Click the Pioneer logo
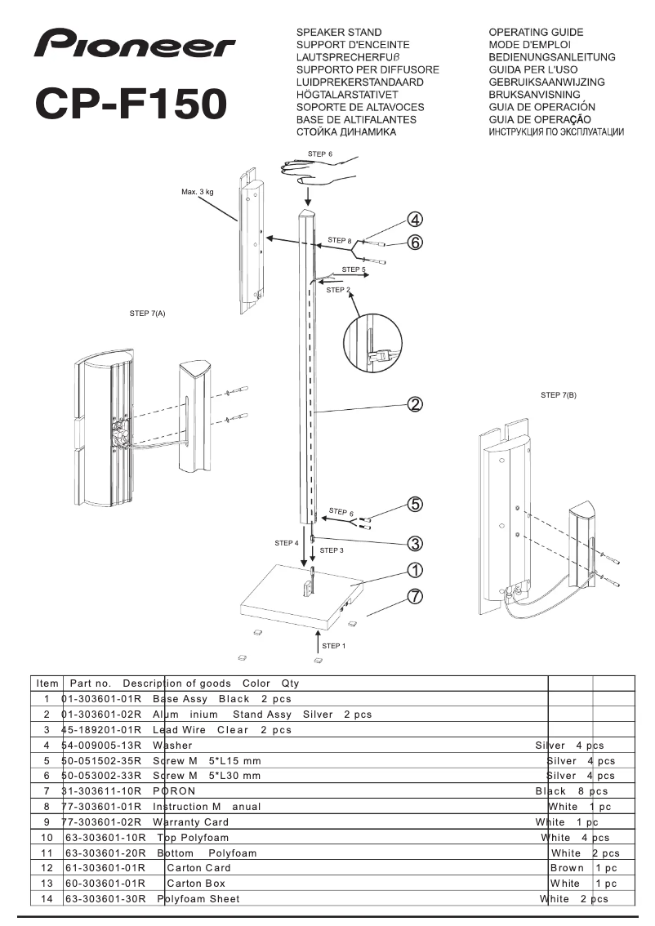[135, 45]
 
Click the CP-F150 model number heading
[131, 104]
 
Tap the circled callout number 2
[415, 404]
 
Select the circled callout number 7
[415, 596]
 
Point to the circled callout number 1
[415, 570]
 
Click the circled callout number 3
[415, 543]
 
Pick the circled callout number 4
[415, 219]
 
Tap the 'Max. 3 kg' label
[198, 193]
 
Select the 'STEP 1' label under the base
[333, 646]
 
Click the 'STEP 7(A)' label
[148, 313]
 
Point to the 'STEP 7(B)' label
[559, 395]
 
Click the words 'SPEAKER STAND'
[339, 33]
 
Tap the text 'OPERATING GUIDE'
[536, 33]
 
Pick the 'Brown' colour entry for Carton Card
[567, 868]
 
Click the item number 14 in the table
[47, 899]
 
